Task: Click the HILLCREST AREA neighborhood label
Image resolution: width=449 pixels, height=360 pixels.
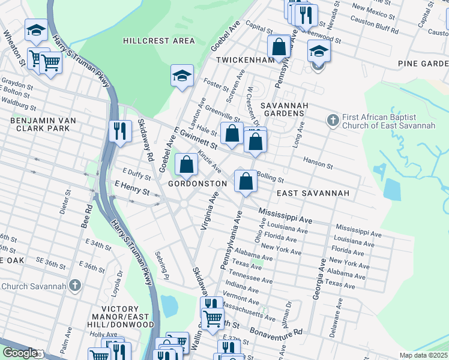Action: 158,41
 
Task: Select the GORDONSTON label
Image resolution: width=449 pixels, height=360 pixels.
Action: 197,183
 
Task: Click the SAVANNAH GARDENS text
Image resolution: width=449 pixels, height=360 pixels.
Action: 284,109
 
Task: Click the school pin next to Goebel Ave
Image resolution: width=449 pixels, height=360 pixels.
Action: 182,76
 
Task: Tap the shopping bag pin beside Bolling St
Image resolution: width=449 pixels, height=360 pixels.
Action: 246,181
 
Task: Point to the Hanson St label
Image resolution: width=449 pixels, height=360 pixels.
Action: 318,164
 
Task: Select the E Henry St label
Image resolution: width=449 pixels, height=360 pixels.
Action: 132,191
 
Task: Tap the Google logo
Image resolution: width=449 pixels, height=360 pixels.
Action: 19,353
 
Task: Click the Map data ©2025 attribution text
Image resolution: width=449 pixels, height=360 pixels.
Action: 423,355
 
